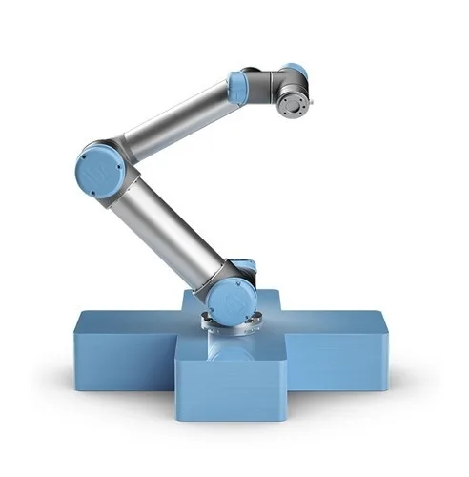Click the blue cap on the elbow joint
[x=98, y=173]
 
